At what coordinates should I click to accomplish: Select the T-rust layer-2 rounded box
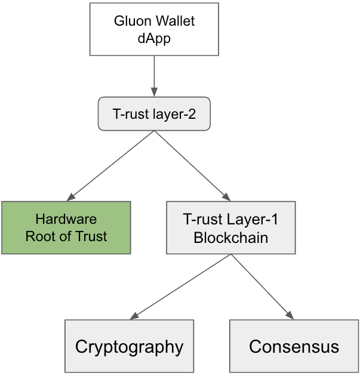[154, 113]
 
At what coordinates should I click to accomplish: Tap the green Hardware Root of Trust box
[66, 227]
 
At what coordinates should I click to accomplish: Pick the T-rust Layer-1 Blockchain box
[230, 227]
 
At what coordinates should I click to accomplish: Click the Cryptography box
[129, 346]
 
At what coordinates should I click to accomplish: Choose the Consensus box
[294, 346]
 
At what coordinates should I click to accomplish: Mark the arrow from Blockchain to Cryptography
[179, 287]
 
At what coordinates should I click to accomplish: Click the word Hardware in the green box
[66, 219]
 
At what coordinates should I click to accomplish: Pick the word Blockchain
[230, 237]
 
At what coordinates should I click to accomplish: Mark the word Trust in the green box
[91, 236]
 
